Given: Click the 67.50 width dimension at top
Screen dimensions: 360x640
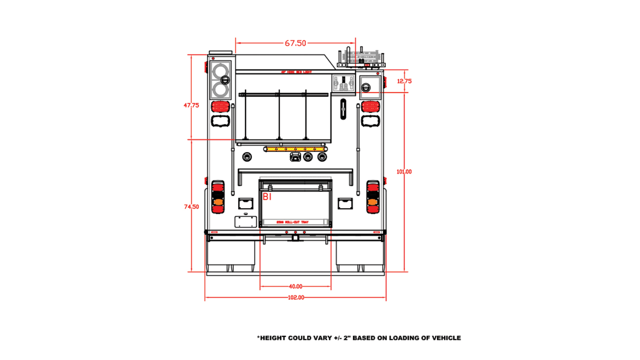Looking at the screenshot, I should tap(295, 43).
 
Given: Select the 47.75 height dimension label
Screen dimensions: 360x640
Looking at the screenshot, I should tap(191, 105).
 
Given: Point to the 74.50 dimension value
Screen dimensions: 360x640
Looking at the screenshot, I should tap(191, 207).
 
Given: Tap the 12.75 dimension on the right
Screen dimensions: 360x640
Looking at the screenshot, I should tap(404, 81).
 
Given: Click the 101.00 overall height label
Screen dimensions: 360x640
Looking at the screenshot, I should tap(404, 172).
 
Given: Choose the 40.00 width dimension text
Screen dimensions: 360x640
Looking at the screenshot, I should tap(296, 286).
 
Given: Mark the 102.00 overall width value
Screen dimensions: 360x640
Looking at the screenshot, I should tap(296, 298).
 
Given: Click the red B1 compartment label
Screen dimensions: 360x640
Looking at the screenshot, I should tap(267, 197).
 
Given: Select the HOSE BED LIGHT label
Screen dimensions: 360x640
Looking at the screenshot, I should tap(296, 72).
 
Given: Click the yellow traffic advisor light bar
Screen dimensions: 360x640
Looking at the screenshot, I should tap(295, 149).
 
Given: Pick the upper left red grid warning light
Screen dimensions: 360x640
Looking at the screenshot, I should tap(220, 106).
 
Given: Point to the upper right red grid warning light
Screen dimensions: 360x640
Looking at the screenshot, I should tap(370, 106).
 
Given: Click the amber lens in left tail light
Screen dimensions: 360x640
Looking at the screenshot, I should tap(218, 202).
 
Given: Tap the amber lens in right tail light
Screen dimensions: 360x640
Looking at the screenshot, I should tap(372, 202).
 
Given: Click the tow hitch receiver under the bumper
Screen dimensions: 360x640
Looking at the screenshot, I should tap(295, 238).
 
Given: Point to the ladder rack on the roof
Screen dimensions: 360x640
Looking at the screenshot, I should tap(361, 58).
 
